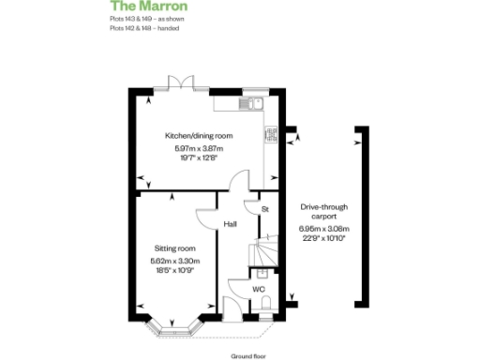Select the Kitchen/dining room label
coord(199,136)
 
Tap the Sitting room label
coord(175,248)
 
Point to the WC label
coord(258,289)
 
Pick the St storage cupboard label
coord(265,208)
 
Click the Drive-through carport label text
coord(323,211)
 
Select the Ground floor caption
coord(248,356)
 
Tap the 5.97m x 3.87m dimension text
coord(199,148)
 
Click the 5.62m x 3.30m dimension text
coord(175,261)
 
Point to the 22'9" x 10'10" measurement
coord(323,239)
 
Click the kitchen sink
coord(249,103)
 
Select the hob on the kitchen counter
coord(270,135)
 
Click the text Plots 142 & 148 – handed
coord(144,29)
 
